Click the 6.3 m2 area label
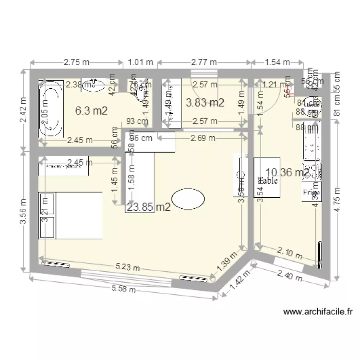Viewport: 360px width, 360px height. [91, 110]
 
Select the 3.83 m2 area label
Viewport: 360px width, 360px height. [205, 102]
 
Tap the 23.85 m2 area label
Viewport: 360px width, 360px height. [149, 207]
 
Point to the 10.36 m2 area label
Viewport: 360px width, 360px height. [288, 172]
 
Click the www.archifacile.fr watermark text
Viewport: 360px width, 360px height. [318, 312]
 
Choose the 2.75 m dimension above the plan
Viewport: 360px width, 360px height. [76, 62]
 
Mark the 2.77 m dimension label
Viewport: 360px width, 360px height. [204, 62]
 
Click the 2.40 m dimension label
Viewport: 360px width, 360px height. [290, 276]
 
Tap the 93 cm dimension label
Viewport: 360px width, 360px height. [137, 121]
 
